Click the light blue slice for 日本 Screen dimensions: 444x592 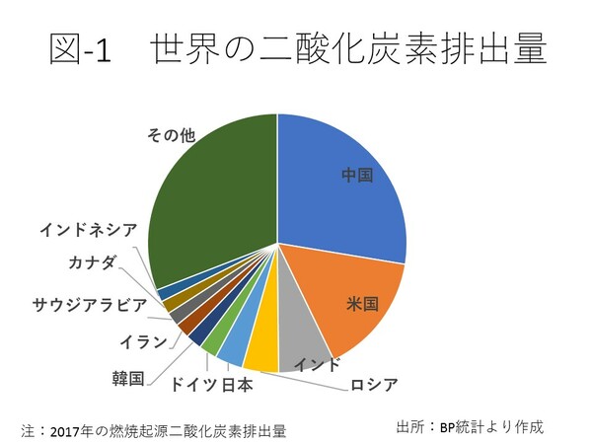tap(234, 345)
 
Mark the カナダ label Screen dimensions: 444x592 tap(93, 261)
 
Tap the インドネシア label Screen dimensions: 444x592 tap(89, 230)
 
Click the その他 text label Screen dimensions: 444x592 tap(171, 135)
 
